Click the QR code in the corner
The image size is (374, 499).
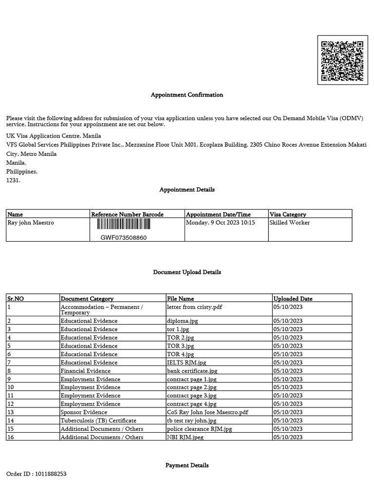(342, 60)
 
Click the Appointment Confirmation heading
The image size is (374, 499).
(187, 95)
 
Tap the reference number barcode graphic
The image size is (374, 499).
(124, 224)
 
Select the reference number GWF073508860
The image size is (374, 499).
(124, 238)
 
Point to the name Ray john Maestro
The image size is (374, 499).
(31, 223)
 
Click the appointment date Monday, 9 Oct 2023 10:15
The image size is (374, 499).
(221, 223)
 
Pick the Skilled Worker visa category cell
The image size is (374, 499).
(290, 223)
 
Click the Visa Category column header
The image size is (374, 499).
(288, 214)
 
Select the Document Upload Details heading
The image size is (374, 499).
(187, 272)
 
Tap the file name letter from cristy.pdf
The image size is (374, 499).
(191, 307)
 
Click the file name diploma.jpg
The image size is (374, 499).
(182, 321)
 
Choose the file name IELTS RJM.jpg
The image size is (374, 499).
(187, 363)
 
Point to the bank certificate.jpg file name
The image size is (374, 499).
(192, 371)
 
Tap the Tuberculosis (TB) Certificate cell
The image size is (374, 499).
(98, 421)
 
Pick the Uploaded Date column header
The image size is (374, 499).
(293, 299)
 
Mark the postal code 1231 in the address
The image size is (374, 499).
(13, 180)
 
